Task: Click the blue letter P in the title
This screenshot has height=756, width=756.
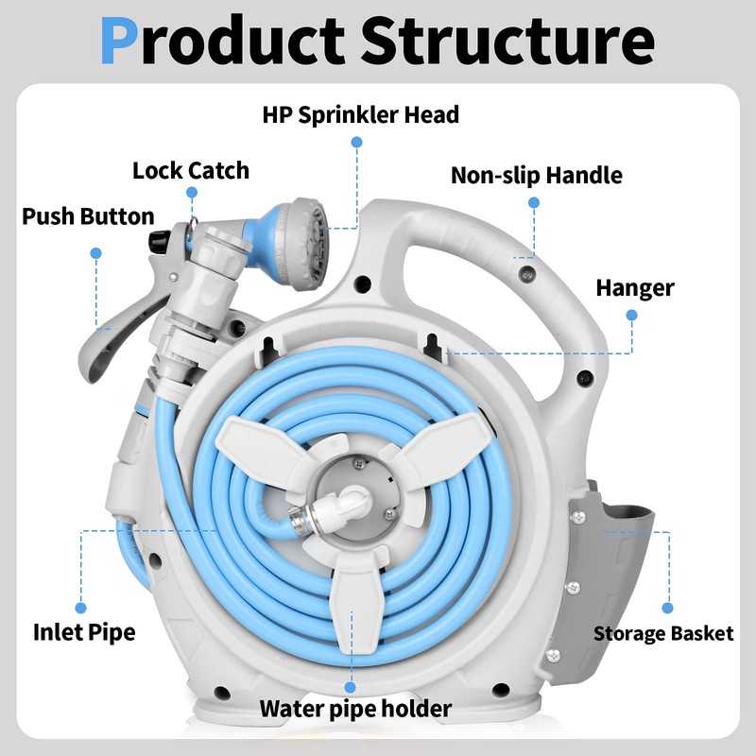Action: [119, 41]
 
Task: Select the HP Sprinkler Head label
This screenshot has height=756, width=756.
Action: [361, 115]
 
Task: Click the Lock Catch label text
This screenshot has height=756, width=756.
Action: [191, 171]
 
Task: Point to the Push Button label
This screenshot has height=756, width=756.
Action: [88, 216]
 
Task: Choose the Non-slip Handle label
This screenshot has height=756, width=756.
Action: [536, 176]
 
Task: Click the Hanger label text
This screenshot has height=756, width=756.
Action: [635, 288]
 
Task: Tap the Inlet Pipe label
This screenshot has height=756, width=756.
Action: [84, 632]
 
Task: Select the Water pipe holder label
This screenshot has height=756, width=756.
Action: [356, 709]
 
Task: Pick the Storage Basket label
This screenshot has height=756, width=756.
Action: [663, 633]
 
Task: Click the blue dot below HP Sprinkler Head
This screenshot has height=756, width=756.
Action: [357, 143]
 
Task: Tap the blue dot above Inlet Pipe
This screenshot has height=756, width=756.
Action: [81, 608]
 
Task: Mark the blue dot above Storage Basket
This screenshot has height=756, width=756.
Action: [668, 608]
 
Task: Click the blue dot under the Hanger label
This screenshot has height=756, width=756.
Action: [631, 316]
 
